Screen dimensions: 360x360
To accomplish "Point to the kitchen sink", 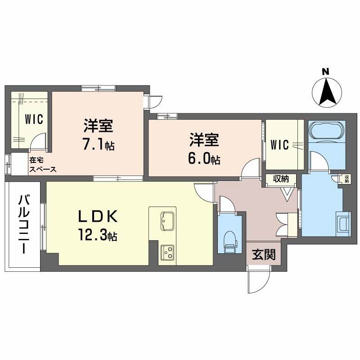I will (x=166, y=220).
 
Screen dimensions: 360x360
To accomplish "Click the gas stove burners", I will (x=168, y=252).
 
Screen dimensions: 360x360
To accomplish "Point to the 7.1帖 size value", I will (x=98, y=145).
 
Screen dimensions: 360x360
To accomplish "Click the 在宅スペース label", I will (x=43, y=164).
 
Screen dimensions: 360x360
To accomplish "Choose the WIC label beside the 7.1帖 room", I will (x=33, y=119).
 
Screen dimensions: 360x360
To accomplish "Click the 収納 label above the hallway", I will (x=281, y=179).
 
